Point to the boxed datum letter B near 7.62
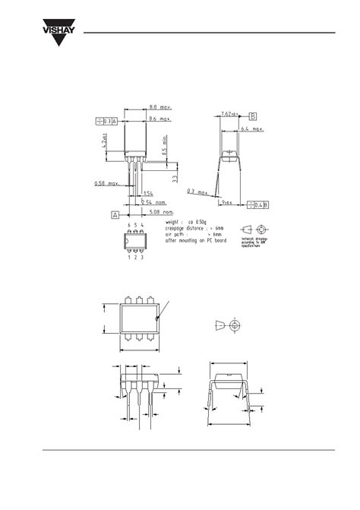(x=253, y=116)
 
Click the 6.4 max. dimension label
(x=251, y=130)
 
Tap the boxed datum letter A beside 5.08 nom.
(x=114, y=215)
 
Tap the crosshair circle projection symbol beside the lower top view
(x=235, y=325)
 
